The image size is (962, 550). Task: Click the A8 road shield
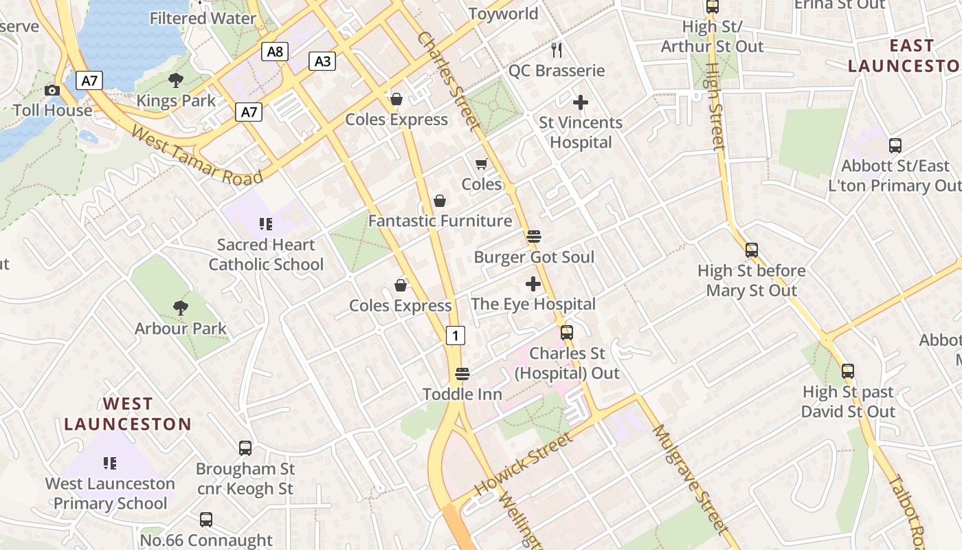click(275, 52)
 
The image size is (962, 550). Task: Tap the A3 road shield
click(322, 61)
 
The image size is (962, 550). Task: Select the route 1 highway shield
click(455, 335)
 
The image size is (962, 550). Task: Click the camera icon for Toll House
click(52, 91)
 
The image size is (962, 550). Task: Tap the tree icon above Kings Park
click(176, 80)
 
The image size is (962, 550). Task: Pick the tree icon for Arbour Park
click(180, 307)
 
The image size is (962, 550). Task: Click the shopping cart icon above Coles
click(481, 164)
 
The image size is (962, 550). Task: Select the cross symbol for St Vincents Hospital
click(581, 102)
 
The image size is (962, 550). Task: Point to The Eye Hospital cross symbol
click(533, 283)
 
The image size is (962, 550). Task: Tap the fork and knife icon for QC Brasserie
click(557, 49)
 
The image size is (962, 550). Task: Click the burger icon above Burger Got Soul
click(534, 236)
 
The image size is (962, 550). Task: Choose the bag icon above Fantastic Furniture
click(440, 201)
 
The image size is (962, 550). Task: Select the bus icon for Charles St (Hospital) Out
click(567, 333)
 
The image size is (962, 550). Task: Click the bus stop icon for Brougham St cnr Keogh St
click(245, 448)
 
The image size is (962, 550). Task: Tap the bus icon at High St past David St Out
click(848, 371)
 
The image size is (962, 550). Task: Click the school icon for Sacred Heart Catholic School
click(266, 224)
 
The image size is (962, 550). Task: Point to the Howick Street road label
click(524, 464)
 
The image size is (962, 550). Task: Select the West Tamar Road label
click(197, 155)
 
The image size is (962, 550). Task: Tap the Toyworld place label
click(503, 14)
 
